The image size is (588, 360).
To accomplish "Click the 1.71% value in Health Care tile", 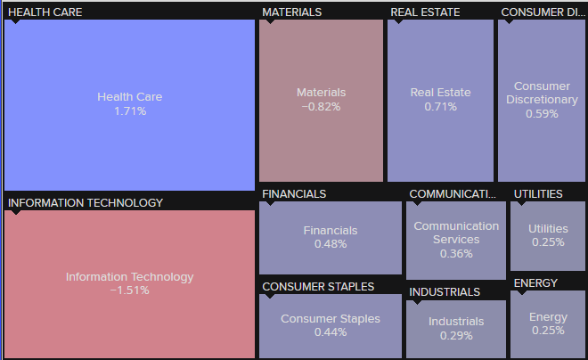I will click(x=130, y=111).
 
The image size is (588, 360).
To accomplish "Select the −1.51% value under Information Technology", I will click(x=129, y=290).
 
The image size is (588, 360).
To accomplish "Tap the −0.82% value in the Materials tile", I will click(x=321, y=107).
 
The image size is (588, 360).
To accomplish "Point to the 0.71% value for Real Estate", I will click(x=440, y=107).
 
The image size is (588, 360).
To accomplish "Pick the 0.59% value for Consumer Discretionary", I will click(x=542, y=114).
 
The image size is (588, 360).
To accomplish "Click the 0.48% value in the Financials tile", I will click(x=330, y=244).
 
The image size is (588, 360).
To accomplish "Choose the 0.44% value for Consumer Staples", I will click(x=330, y=332).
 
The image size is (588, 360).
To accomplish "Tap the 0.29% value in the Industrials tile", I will click(x=456, y=336).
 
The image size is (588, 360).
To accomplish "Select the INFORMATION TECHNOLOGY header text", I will click(x=86, y=202).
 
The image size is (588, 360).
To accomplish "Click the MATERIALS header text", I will click(x=292, y=12).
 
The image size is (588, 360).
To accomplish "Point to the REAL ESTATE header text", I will click(x=425, y=12).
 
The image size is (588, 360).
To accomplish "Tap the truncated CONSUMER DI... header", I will click(x=543, y=12).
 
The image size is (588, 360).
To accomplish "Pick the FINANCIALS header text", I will click(x=294, y=193).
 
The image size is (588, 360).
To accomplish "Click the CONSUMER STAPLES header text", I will click(x=318, y=286).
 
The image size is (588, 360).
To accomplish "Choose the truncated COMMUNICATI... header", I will click(x=453, y=193).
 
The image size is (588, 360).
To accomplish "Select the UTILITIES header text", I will click(x=538, y=193).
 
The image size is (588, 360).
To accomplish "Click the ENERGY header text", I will click(x=535, y=282).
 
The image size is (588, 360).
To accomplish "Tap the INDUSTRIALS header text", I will click(x=445, y=291).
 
